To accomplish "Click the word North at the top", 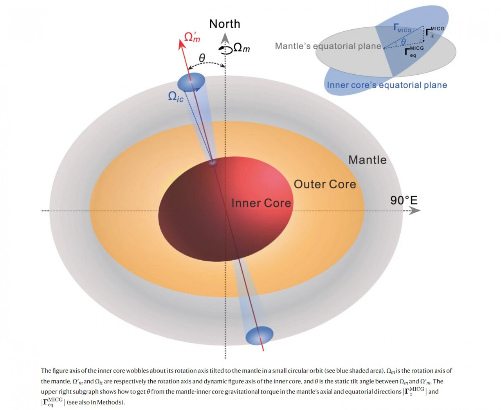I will [225, 24].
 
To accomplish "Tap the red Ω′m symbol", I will [192, 37].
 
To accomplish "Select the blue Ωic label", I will [175, 97].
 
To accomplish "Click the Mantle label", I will [367, 160].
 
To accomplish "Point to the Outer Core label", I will [325, 184].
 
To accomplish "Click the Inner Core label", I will [261, 203].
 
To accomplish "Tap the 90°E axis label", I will [404, 201].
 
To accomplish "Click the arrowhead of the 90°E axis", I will [416, 211].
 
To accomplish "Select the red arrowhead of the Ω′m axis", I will [182, 43].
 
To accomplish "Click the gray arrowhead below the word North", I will [225, 38].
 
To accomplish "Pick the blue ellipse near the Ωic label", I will [191, 82].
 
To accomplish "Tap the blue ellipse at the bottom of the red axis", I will [259, 335].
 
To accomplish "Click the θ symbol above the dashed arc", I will [202, 58].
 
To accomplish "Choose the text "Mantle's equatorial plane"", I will [328, 46].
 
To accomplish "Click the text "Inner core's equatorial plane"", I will [387, 85].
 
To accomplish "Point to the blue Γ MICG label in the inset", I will [402, 29].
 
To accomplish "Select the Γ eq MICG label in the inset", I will [414, 51].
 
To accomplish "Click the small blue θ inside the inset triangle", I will [403, 42].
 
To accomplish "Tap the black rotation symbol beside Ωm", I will [225, 49].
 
